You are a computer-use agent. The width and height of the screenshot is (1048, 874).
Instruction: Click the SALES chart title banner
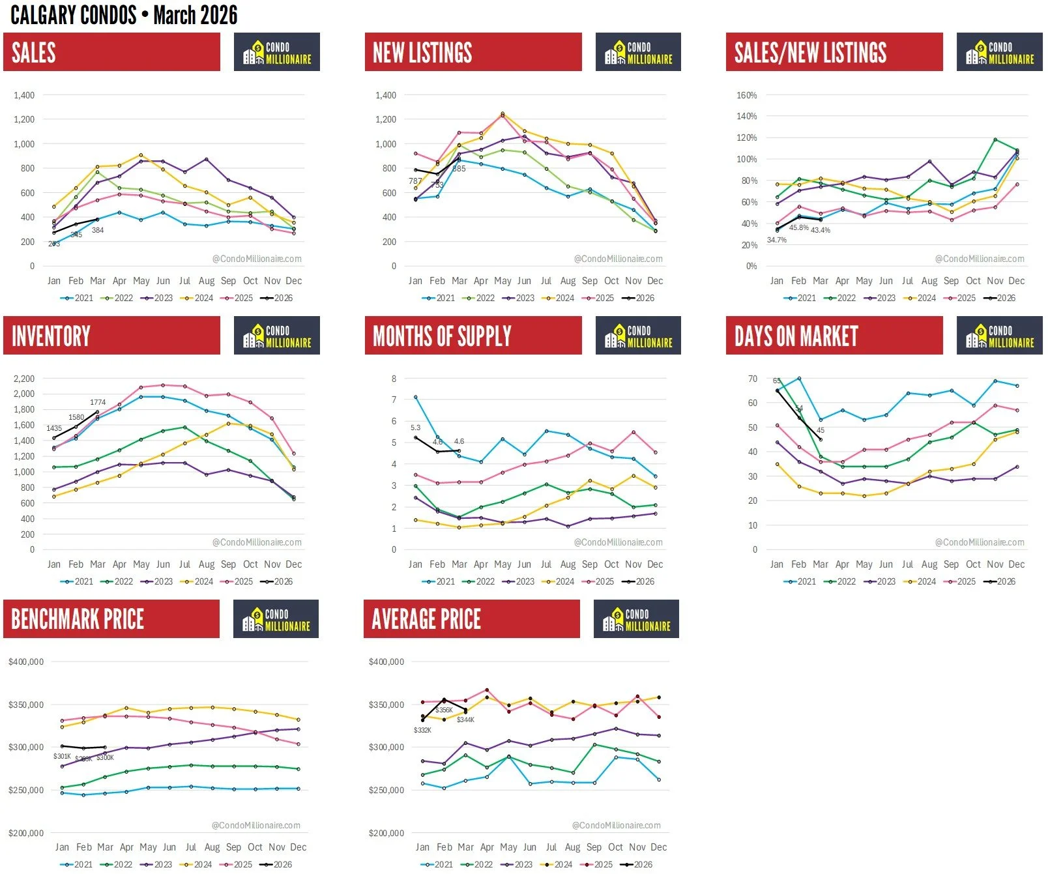point(111,52)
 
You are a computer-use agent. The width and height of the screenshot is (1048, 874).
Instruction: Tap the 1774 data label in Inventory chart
point(98,402)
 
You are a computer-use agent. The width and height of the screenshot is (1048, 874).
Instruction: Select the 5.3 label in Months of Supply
point(415,428)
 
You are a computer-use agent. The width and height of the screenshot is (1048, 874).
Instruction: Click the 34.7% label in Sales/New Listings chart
point(776,240)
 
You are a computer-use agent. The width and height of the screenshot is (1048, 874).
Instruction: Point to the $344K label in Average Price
point(465,720)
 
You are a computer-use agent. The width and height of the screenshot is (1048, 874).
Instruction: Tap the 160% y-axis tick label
point(746,95)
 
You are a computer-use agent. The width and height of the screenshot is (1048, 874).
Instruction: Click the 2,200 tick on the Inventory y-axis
point(24,379)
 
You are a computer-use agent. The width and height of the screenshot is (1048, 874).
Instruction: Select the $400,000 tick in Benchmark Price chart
point(26,662)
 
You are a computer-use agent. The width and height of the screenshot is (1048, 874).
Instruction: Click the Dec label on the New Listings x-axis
point(655,281)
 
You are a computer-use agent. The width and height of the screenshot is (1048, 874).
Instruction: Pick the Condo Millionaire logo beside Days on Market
point(999,336)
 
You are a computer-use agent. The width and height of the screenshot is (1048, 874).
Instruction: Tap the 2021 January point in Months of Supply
point(416,397)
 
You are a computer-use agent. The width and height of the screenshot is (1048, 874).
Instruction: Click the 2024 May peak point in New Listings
point(502,113)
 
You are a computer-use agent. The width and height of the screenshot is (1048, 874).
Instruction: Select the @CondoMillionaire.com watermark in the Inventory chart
point(257,542)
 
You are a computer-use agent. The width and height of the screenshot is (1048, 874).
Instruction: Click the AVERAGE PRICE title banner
point(471,619)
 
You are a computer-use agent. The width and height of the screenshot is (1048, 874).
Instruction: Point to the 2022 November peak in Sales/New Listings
point(995,139)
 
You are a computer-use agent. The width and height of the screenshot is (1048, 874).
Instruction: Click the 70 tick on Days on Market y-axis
point(753,379)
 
